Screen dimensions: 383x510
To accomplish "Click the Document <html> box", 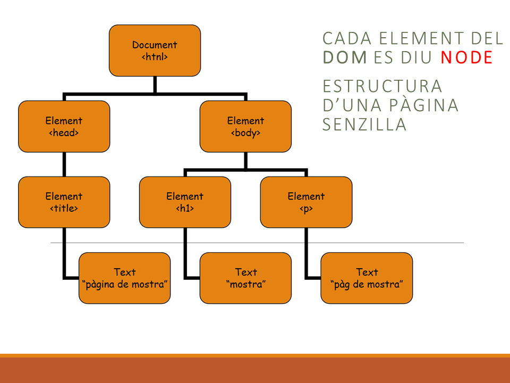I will tap(155, 51).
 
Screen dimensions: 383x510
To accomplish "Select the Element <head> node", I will tap(64, 127).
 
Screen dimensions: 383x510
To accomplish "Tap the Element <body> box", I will tap(245, 127).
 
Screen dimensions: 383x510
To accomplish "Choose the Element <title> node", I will tap(64, 202).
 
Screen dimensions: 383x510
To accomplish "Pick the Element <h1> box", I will tap(185, 202).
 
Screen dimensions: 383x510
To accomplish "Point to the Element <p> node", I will tap(306, 202).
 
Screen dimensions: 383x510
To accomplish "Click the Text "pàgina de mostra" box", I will tap(125, 278).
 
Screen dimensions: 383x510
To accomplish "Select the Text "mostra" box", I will tap(245, 278).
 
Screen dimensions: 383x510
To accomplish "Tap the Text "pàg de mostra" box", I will tap(367, 278).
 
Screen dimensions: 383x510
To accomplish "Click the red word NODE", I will tap(466, 57).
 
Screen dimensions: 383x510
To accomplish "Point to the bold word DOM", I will tap(345, 57).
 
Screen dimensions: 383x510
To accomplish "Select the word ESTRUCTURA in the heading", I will tap(382, 86).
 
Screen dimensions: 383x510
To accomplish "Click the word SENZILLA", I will tap(364, 124).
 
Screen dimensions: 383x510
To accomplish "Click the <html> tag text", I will tap(155, 57).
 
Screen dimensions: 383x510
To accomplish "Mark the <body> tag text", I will tap(245, 133).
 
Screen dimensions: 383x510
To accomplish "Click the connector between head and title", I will tap(64, 164).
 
